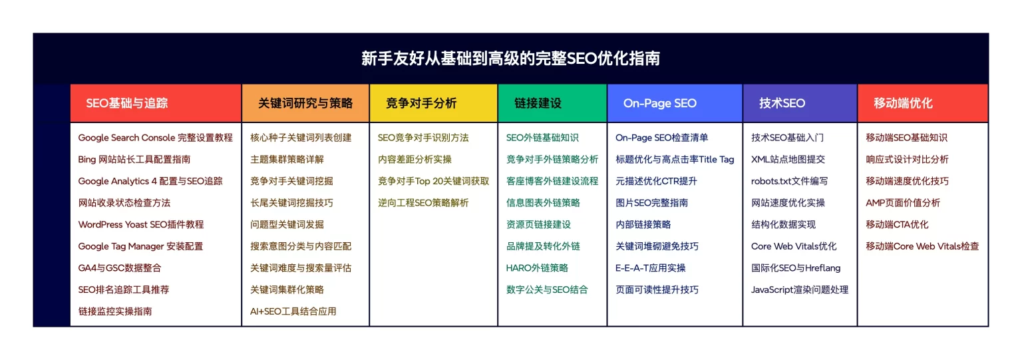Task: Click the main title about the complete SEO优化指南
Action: pyautogui.click(x=510, y=59)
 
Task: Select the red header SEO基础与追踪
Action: pyautogui.click(x=127, y=103)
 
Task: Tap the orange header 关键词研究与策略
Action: pyautogui.click(x=305, y=103)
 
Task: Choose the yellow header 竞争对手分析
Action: pyautogui.click(x=421, y=103)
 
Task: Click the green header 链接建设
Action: pyautogui.click(x=538, y=103)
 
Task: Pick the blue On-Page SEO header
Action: pyautogui.click(x=660, y=103)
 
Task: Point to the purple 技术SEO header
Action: pyautogui.click(x=782, y=103)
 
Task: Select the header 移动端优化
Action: pyautogui.click(x=903, y=103)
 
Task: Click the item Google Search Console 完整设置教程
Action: pyautogui.click(x=155, y=138)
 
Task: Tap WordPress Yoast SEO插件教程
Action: pyautogui.click(x=141, y=224)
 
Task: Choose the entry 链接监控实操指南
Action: pyautogui.click(x=115, y=311)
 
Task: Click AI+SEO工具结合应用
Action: pyautogui.click(x=293, y=311)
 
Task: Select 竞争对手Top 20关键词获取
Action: pyautogui.click(x=433, y=181)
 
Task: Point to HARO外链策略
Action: pyautogui.click(x=537, y=268)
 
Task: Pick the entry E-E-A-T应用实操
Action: pyautogui.click(x=651, y=268)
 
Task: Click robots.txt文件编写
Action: pyautogui.click(x=789, y=181)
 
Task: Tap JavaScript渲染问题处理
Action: pyautogui.click(x=800, y=289)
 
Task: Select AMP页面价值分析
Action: pyautogui.click(x=903, y=202)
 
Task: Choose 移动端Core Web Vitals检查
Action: pyautogui.click(x=923, y=246)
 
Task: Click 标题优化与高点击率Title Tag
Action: pyautogui.click(x=675, y=159)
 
